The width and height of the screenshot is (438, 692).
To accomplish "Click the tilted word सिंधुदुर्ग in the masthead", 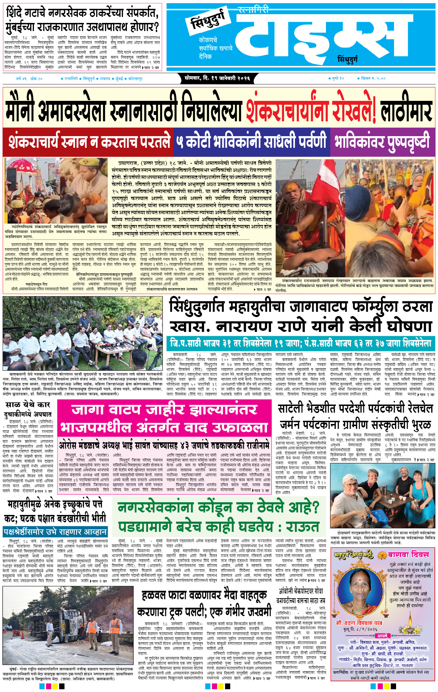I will coord(209,22).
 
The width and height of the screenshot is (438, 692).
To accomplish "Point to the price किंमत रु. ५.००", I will coord(373,79).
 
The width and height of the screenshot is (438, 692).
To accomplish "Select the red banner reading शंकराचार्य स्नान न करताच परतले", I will coord(89,142).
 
